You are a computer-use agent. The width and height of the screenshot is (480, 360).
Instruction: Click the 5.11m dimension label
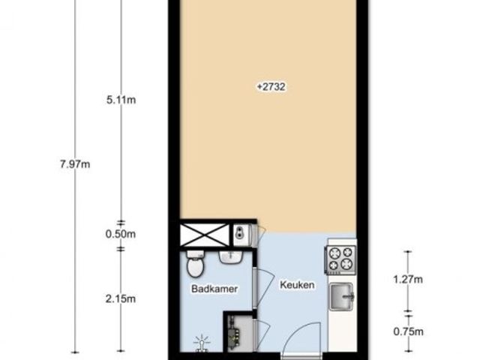pyautogui.click(x=121, y=100)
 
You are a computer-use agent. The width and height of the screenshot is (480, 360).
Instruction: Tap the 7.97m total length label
pyautogui.click(x=75, y=164)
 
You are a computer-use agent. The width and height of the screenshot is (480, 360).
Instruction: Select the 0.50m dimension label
pyautogui.click(x=121, y=234)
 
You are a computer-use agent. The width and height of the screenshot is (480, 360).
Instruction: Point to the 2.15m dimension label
pyautogui.click(x=121, y=298)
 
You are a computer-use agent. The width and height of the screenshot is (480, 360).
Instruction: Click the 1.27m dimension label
pyautogui.click(x=408, y=279)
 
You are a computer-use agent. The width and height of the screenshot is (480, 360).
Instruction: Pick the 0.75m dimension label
pyautogui.click(x=408, y=331)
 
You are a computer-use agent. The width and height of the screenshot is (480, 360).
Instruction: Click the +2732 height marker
pyautogui.click(x=271, y=87)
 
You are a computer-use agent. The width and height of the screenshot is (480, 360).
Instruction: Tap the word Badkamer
pyautogui.click(x=214, y=289)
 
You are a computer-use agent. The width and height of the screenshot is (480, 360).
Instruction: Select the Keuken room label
pyautogui.click(x=297, y=285)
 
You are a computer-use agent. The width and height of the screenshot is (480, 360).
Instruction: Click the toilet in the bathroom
pyautogui.click(x=195, y=264)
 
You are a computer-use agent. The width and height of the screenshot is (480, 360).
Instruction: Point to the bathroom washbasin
pyautogui.click(x=231, y=257)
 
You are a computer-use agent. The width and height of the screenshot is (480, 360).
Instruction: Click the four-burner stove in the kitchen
pyautogui.click(x=340, y=259)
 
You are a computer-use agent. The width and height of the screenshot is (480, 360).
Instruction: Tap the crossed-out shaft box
pyautogui.click(x=205, y=235)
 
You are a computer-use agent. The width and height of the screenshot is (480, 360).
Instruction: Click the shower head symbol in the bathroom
pyautogui.click(x=202, y=343)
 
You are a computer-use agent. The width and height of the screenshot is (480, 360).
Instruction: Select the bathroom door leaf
pyautogui.click(x=264, y=288)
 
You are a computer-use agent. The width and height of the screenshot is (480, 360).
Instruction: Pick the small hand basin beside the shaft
pyautogui.click(x=241, y=235)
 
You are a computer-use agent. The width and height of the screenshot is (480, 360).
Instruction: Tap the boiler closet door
pyautogui.click(x=262, y=335)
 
